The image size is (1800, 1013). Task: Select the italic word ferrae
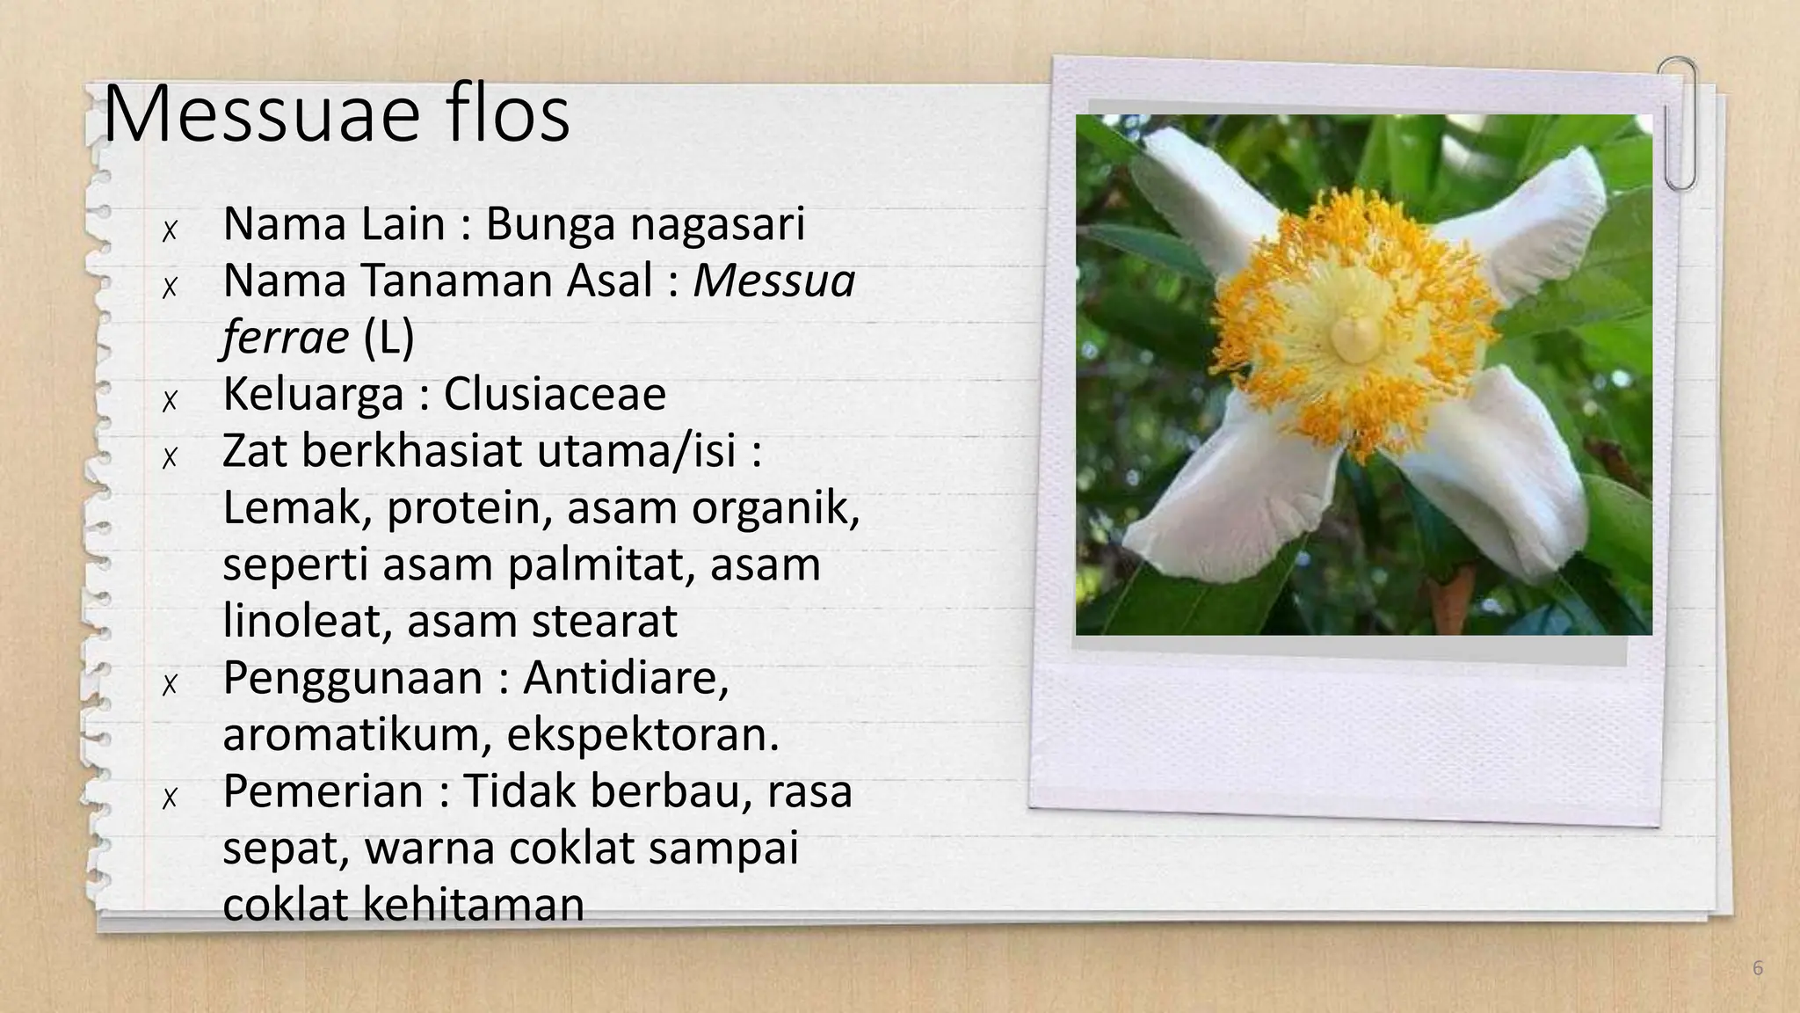(286, 338)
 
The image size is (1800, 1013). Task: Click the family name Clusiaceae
(555, 394)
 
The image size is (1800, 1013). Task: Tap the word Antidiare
(626, 678)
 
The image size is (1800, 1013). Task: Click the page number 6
(1757, 968)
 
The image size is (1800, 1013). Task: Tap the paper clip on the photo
(1679, 123)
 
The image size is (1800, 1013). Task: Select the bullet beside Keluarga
(170, 401)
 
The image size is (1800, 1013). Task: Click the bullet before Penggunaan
(170, 685)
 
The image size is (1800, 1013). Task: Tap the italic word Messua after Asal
(773, 281)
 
